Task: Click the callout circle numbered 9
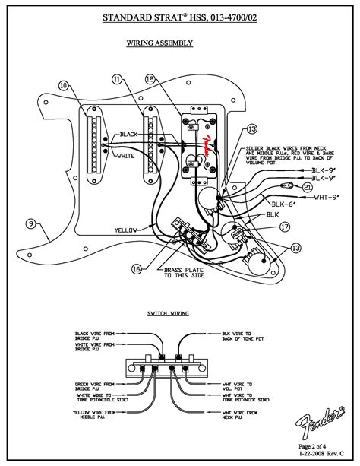(x=31, y=223)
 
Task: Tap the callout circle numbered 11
(x=116, y=79)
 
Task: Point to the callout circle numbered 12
(x=150, y=79)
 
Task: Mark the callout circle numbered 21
(x=307, y=186)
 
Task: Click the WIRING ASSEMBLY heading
(x=159, y=43)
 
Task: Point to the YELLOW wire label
(x=127, y=229)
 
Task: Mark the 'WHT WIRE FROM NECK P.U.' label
(x=241, y=417)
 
